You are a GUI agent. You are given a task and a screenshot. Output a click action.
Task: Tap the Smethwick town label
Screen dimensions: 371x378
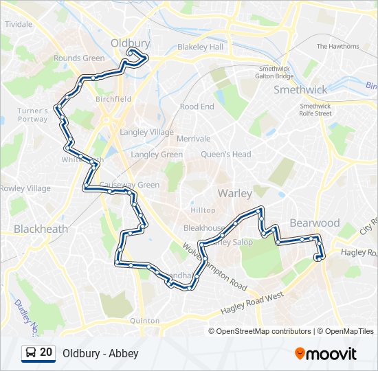[300, 89]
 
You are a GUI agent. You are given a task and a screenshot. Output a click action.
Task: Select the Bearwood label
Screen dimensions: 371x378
[315, 223]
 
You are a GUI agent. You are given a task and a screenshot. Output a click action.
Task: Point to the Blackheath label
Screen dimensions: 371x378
[41, 229]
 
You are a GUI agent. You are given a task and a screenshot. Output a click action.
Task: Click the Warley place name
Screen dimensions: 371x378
[235, 194]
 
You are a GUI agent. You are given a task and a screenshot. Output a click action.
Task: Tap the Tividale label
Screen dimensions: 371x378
[19, 24]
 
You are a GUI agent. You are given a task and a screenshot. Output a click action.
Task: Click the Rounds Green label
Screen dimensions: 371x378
[79, 58]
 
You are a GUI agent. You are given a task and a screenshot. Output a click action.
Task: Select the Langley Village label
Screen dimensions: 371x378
[146, 132]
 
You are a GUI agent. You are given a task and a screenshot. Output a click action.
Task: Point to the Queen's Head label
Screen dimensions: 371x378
[226, 155]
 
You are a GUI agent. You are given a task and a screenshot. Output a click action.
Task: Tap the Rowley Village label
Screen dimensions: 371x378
[25, 188]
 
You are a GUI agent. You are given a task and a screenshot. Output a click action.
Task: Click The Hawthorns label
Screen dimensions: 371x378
[337, 47]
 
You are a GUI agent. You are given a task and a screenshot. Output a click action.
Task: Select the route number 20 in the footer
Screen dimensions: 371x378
[46, 352]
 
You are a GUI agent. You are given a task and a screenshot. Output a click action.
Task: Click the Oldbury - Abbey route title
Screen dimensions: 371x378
[100, 353]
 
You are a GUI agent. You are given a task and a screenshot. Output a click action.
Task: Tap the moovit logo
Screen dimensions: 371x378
[325, 354]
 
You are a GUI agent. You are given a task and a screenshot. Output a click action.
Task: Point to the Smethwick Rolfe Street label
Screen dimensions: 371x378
[316, 110]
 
